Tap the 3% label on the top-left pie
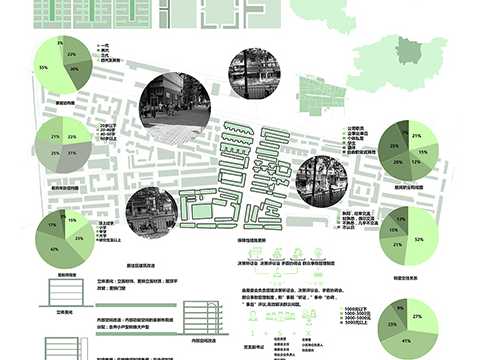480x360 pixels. click(61, 44)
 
